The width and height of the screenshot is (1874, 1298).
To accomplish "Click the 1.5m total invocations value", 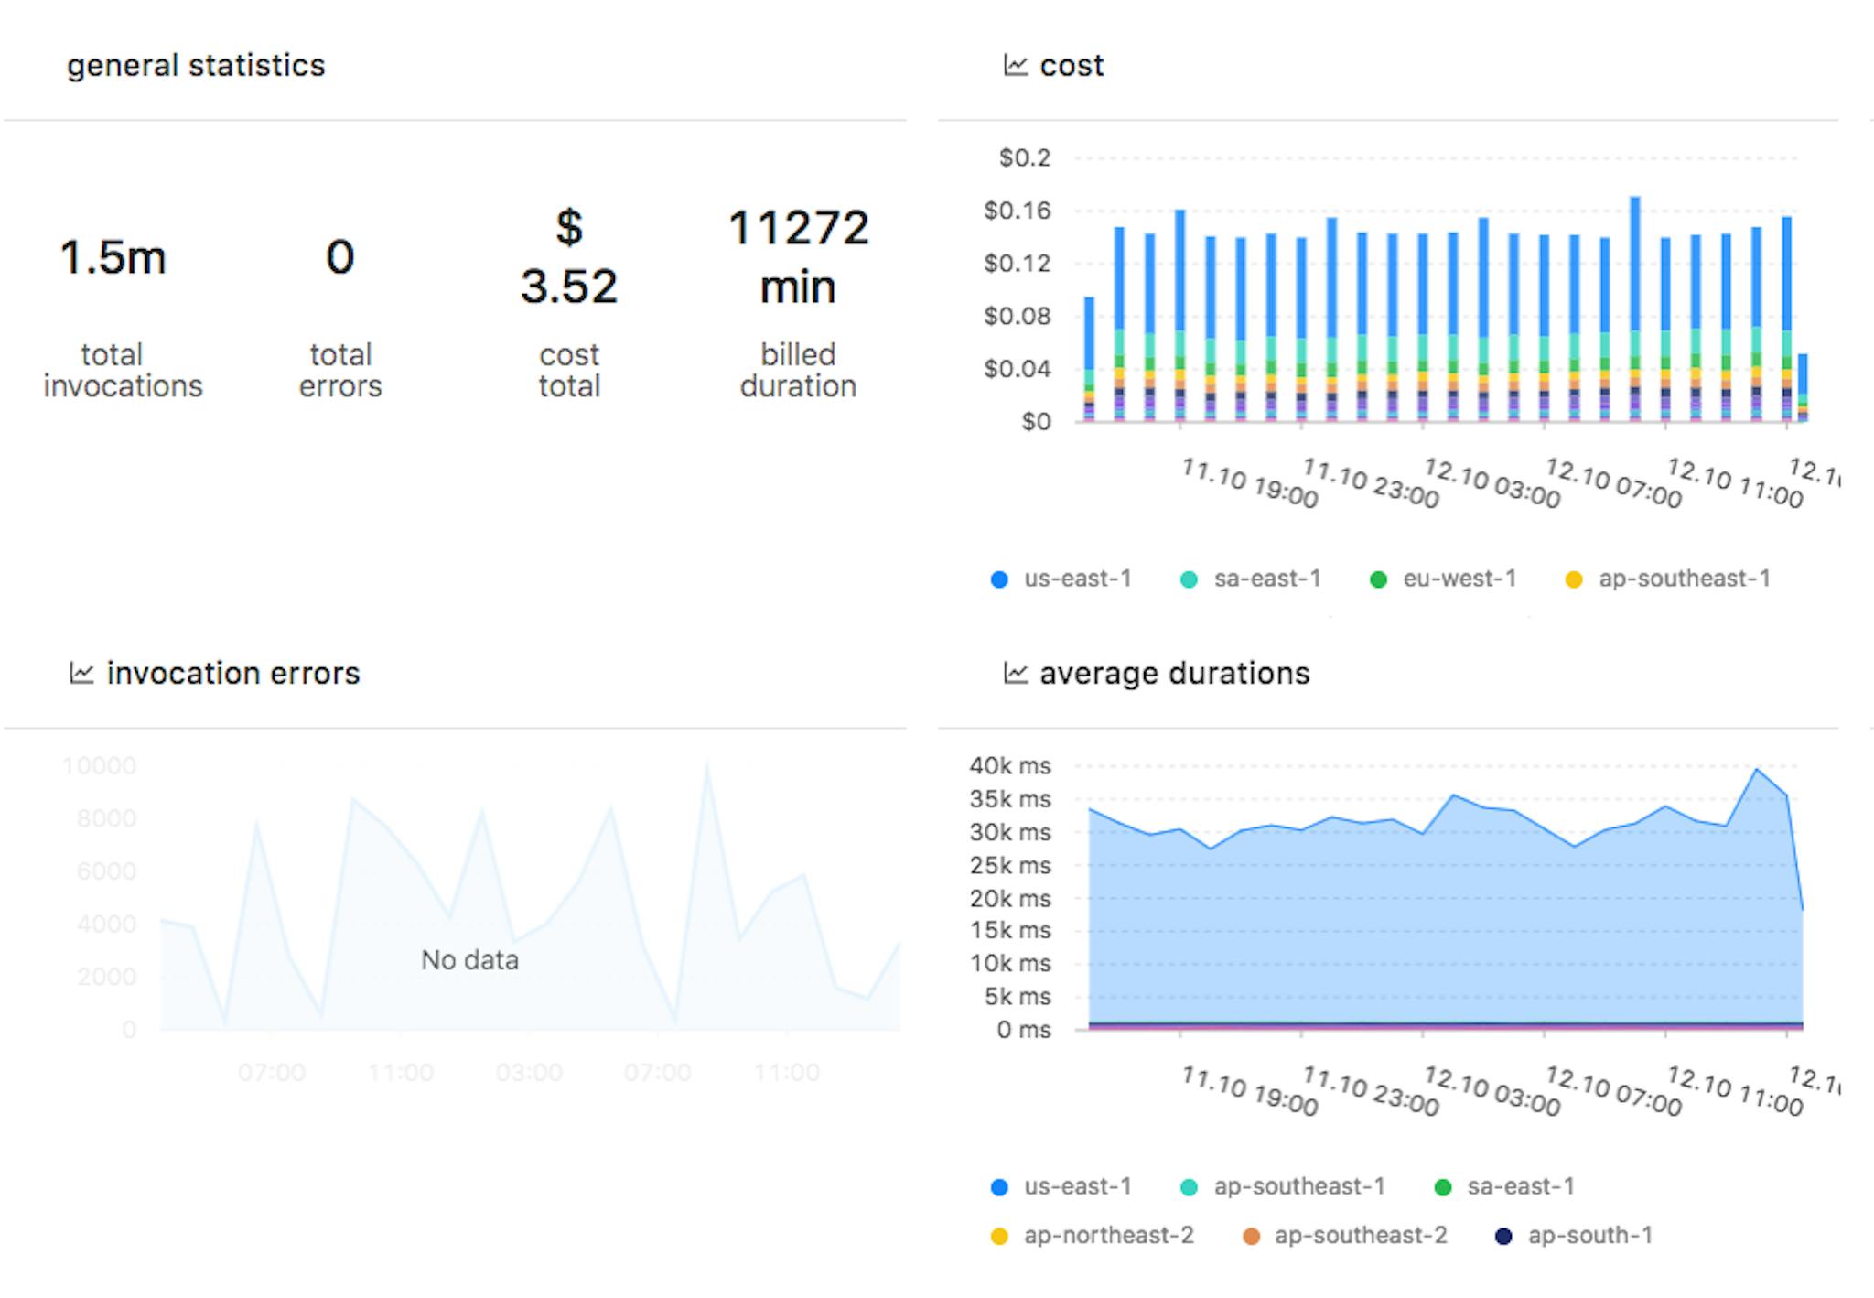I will pos(113,257).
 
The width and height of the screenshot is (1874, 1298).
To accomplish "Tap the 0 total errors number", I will pos(339,257).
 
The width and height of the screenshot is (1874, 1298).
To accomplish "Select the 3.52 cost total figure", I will pos(568,286).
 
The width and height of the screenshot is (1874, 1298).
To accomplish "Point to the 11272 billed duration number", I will pos(798,228).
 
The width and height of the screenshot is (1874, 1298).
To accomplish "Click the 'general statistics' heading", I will pos(196,65).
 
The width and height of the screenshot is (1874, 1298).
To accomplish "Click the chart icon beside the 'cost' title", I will pos(1015,65).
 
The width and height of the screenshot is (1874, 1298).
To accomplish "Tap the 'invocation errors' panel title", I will pos(232,674).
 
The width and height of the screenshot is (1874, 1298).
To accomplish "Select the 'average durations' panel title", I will pos(1174,674).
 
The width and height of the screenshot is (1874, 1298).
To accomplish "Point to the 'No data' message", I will pos(469,959).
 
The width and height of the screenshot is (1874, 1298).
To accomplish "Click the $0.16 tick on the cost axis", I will pos(1017,211).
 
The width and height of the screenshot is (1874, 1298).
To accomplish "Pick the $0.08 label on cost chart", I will pos(1017,316).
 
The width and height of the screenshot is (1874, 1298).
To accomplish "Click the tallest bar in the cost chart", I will pos(1634,275).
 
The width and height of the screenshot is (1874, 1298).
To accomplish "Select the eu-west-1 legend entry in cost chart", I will pos(1444,579).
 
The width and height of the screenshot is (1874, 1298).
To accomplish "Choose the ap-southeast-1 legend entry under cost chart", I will pos(1668,579).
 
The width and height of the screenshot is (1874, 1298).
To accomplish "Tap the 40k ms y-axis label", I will pos(1009,766).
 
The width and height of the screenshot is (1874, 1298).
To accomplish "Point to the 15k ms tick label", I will pos(1009,930).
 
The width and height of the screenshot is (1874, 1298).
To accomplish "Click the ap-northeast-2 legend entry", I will pos(1093,1236).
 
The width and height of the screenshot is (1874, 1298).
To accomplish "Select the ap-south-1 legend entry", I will pos(1574,1236).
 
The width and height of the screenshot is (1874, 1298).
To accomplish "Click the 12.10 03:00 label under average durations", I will pos(1492,1091).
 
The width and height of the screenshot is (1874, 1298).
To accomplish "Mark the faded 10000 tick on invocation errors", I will pos(99,766).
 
